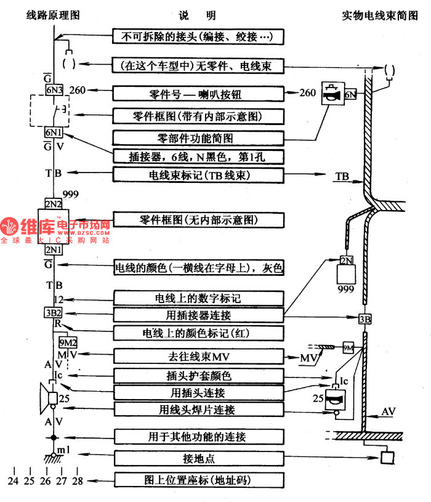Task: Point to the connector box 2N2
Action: pyautogui.click(x=54, y=204)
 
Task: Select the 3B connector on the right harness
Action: pyautogui.click(x=365, y=318)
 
